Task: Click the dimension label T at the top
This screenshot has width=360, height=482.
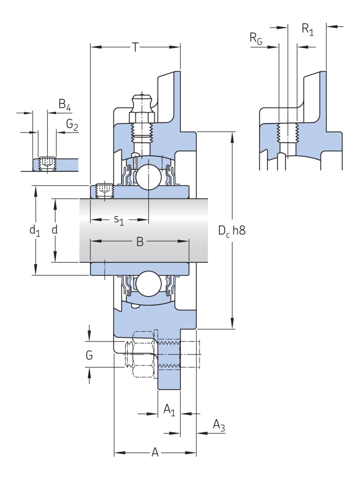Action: (x=135, y=47)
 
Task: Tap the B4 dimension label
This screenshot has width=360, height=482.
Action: (x=65, y=105)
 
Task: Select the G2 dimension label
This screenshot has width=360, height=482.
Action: (x=72, y=125)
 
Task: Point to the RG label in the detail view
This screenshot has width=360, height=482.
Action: (x=256, y=38)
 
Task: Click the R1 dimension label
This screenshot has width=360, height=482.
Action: (x=308, y=29)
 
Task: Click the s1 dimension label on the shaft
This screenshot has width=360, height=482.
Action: (x=119, y=221)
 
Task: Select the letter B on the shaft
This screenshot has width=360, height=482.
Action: (x=140, y=242)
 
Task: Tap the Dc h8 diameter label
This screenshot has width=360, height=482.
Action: (x=232, y=231)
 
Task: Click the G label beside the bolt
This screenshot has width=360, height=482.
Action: (x=89, y=355)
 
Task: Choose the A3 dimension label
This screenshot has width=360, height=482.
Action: (x=219, y=426)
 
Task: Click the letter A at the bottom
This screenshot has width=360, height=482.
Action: (x=155, y=453)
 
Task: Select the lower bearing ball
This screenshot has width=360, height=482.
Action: (x=148, y=284)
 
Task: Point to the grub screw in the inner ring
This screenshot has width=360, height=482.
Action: (x=104, y=191)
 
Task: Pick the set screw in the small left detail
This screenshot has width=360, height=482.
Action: (x=47, y=164)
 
